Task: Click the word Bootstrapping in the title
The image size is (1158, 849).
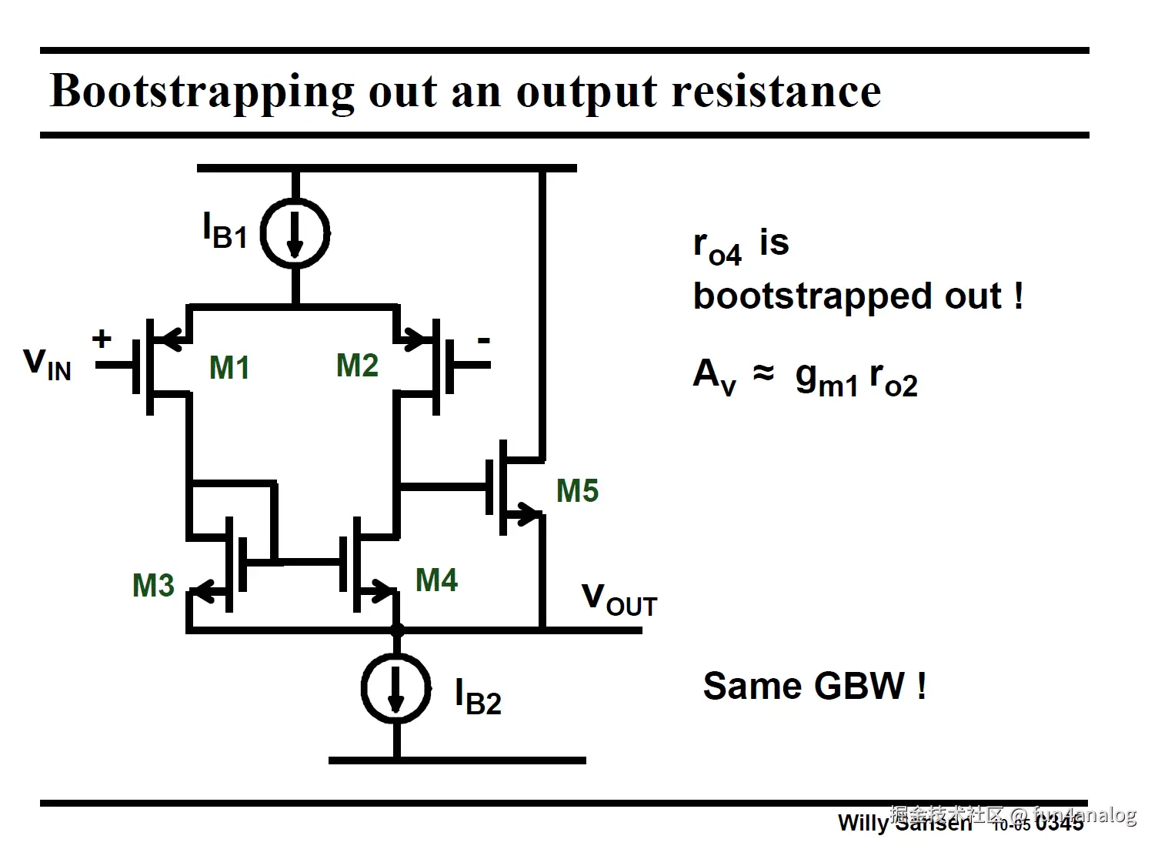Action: tap(202, 92)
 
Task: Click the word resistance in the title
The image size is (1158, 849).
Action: tap(776, 91)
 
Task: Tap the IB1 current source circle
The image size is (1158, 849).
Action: tap(295, 234)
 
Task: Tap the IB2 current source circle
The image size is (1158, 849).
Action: tap(396, 688)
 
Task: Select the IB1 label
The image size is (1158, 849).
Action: tap(224, 230)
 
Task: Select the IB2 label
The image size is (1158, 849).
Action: tap(478, 697)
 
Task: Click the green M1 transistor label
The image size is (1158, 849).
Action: tap(229, 368)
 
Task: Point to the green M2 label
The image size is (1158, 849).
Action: tap(357, 366)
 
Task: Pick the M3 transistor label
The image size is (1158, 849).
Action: tap(153, 586)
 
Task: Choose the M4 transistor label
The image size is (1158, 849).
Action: tap(436, 580)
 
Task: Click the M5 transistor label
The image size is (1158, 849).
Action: tap(577, 491)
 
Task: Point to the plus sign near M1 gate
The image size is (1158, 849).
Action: tap(102, 339)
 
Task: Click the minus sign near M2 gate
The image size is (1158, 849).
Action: tap(483, 340)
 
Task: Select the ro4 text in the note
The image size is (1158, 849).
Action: tap(717, 247)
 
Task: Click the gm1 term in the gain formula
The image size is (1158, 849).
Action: tap(826, 379)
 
